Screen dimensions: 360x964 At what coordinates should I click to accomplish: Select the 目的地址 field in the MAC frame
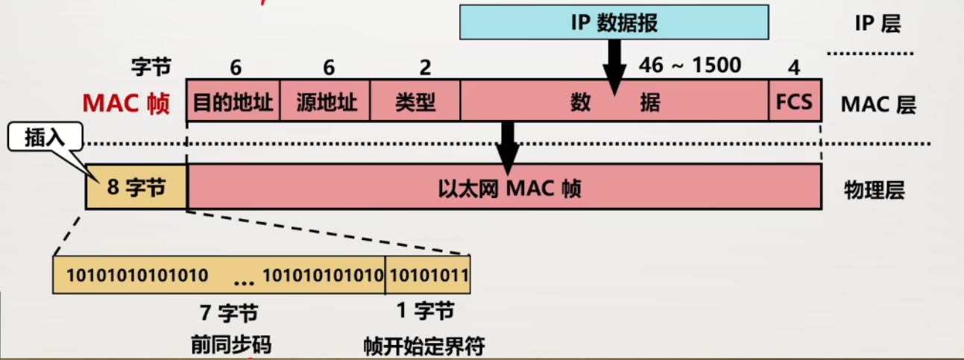coord(233,101)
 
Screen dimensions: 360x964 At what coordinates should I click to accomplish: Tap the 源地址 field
coord(325,101)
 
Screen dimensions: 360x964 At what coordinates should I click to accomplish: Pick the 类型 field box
coord(415,101)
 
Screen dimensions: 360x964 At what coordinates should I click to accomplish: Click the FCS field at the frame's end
coord(795,101)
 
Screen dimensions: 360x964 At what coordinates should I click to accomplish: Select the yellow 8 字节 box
coord(136,187)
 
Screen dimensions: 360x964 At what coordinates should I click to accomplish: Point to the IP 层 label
coord(878,23)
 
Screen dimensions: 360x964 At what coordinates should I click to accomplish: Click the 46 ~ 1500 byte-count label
coord(690,66)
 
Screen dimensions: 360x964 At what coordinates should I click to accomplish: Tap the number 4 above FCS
coord(794,68)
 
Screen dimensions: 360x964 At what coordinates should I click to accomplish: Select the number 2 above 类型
coord(425,68)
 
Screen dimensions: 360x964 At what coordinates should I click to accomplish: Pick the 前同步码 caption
coord(230,344)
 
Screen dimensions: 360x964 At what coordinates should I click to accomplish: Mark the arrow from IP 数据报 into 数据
coord(614,66)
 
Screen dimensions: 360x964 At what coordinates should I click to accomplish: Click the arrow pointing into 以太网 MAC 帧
coord(508,145)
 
